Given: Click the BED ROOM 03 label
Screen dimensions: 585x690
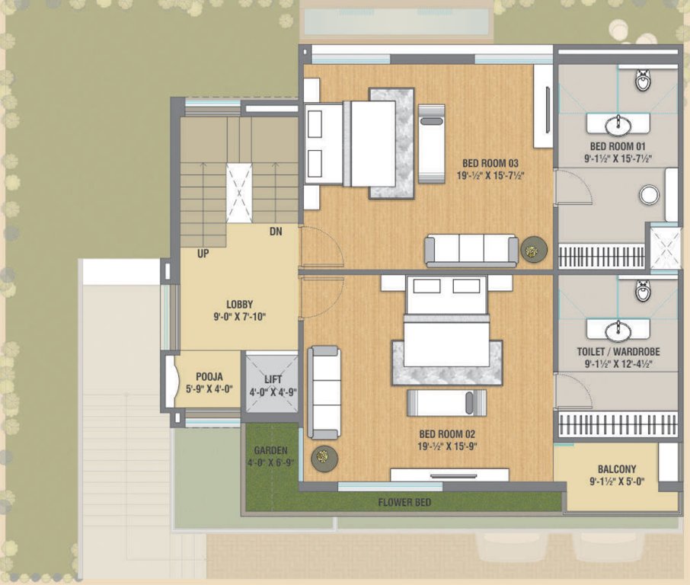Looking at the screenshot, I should tap(490, 163).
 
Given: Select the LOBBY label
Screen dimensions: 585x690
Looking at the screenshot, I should tap(239, 304).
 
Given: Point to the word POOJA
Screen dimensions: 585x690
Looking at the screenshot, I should tap(209, 377).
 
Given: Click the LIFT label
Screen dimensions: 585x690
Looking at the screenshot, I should tap(273, 379).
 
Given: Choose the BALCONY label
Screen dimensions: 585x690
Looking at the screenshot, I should tap(617, 469).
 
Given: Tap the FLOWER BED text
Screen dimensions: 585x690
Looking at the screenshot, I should tap(406, 503).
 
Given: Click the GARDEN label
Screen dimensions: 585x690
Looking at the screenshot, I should tap(270, 450).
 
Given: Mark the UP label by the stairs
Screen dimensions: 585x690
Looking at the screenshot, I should tap(203, 253).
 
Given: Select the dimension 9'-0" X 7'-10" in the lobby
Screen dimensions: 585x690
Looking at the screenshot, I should tap(239, 317).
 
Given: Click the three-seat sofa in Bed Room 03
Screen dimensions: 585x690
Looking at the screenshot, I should tap(471, 250).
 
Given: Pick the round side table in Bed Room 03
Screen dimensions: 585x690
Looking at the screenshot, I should tap(533, 248).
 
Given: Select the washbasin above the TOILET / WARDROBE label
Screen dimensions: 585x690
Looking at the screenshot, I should tap(618, 330).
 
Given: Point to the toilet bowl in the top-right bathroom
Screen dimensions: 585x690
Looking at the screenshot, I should tap(644, 78).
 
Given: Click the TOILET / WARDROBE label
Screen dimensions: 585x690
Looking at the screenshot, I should tap(618, 352).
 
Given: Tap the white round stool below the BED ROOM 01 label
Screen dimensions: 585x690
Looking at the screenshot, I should tap(649, 195).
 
